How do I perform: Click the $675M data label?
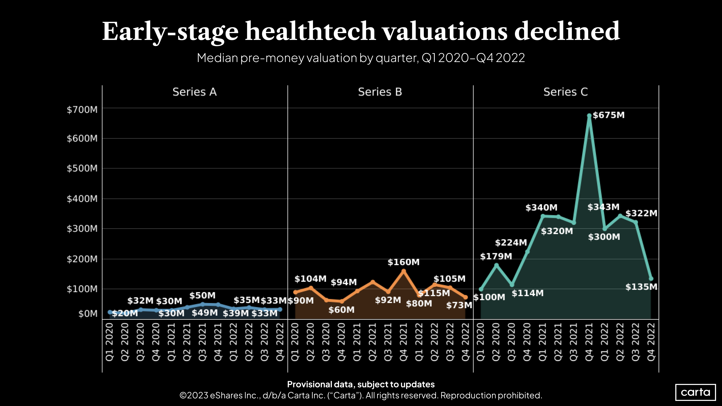point(608,115)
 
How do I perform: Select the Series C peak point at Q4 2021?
point(589,116)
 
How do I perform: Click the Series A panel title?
point(195,92)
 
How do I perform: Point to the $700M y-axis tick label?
point(82,110)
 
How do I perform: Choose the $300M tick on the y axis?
point(82,229)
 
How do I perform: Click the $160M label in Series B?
point(403,262)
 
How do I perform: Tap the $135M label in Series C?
point(641,287)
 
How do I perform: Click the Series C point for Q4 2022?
point(651,279)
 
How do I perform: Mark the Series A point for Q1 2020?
point(110,312)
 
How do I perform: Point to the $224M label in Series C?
point(511,242)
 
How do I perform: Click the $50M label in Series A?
point(202,295)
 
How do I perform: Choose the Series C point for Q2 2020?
point(496,265)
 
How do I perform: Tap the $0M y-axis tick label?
point(88,314)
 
